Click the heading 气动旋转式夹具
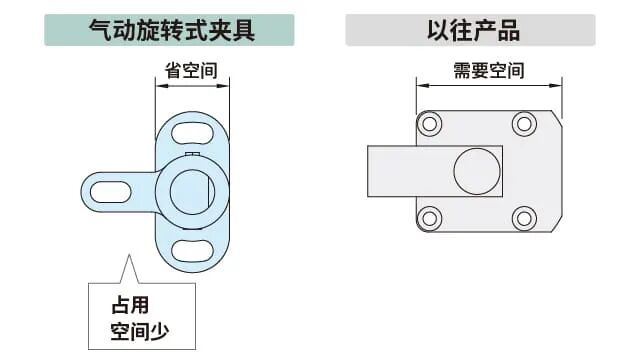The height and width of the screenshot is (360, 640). [170, 30]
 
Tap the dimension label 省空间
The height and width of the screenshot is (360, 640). [191, 71]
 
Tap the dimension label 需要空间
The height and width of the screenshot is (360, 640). [488, 71]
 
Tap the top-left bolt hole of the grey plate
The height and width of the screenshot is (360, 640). [430, 125]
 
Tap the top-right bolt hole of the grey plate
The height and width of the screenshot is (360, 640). [524, 125]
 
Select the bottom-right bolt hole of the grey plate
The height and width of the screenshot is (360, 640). [524, 218]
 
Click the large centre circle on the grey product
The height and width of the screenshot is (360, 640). [477, 172]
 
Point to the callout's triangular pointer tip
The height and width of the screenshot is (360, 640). [127, 257]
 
